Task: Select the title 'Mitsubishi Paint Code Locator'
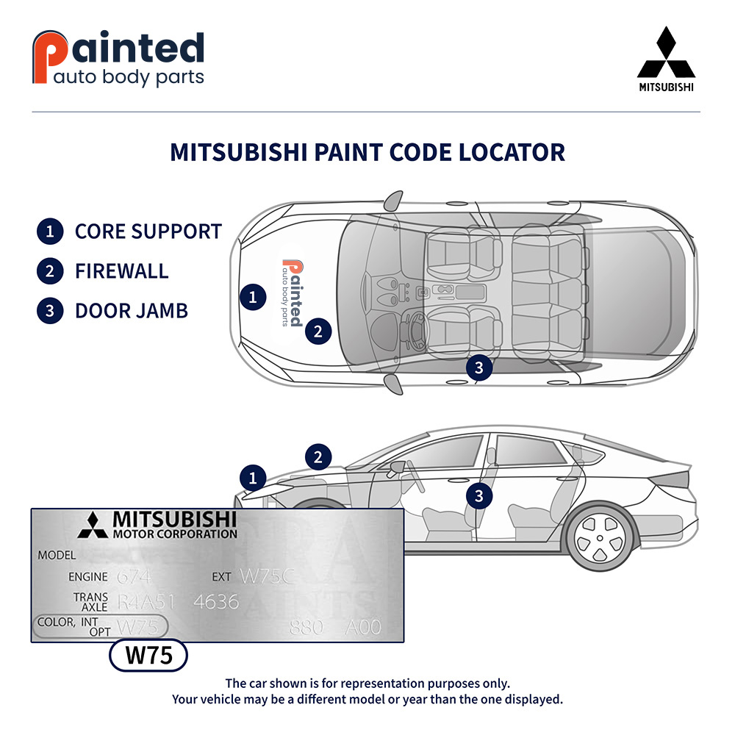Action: click(x=367, y=152)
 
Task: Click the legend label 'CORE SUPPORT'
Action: click(x=148, y=232)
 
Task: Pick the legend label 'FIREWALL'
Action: click(x=121, y=271)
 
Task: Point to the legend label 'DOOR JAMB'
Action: click(x=131, y=310)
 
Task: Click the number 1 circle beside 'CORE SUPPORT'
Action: click(x=49, y=232)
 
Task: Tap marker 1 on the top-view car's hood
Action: click(x=253, y=297)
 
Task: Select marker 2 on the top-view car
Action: click(x=318, y=331)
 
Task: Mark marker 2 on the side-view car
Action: click(x=318, y=457)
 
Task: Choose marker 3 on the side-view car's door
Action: click(x=479, y=496)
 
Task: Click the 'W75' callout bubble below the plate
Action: click(x=148, y=656)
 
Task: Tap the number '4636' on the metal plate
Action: click(x=216, y=601)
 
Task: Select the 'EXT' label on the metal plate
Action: click(x=221, y=577)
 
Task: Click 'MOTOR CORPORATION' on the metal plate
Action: click(x=174, y=534)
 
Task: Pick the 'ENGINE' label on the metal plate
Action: click(x=87, y=577)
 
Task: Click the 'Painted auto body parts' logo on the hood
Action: click(x=292, y=293)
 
